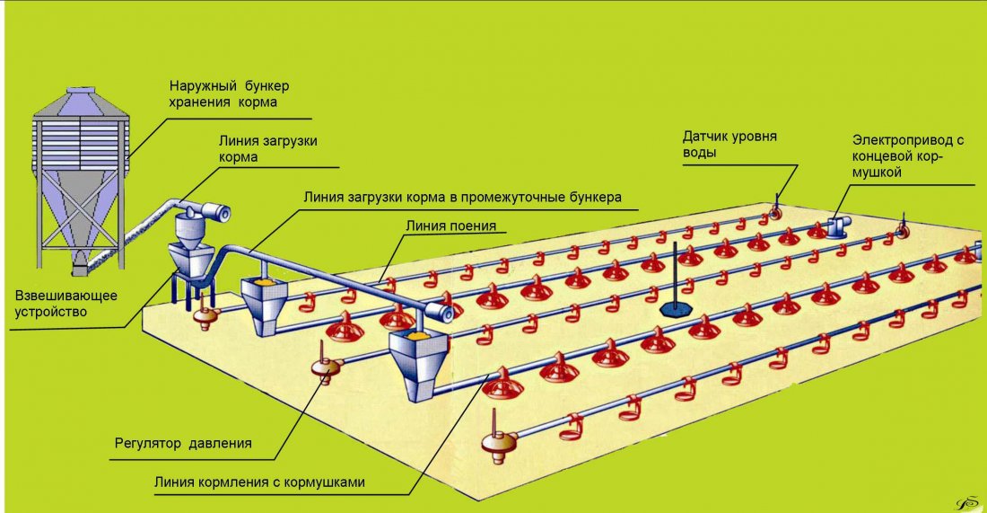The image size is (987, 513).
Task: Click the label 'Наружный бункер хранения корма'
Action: click(230, 94)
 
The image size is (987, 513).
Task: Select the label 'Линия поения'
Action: click(450, 226)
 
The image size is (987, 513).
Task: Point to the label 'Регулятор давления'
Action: click(183, 443)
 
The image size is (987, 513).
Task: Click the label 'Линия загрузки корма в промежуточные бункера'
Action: click(463, 196)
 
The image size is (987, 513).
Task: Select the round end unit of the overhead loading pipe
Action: click(439, 311)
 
